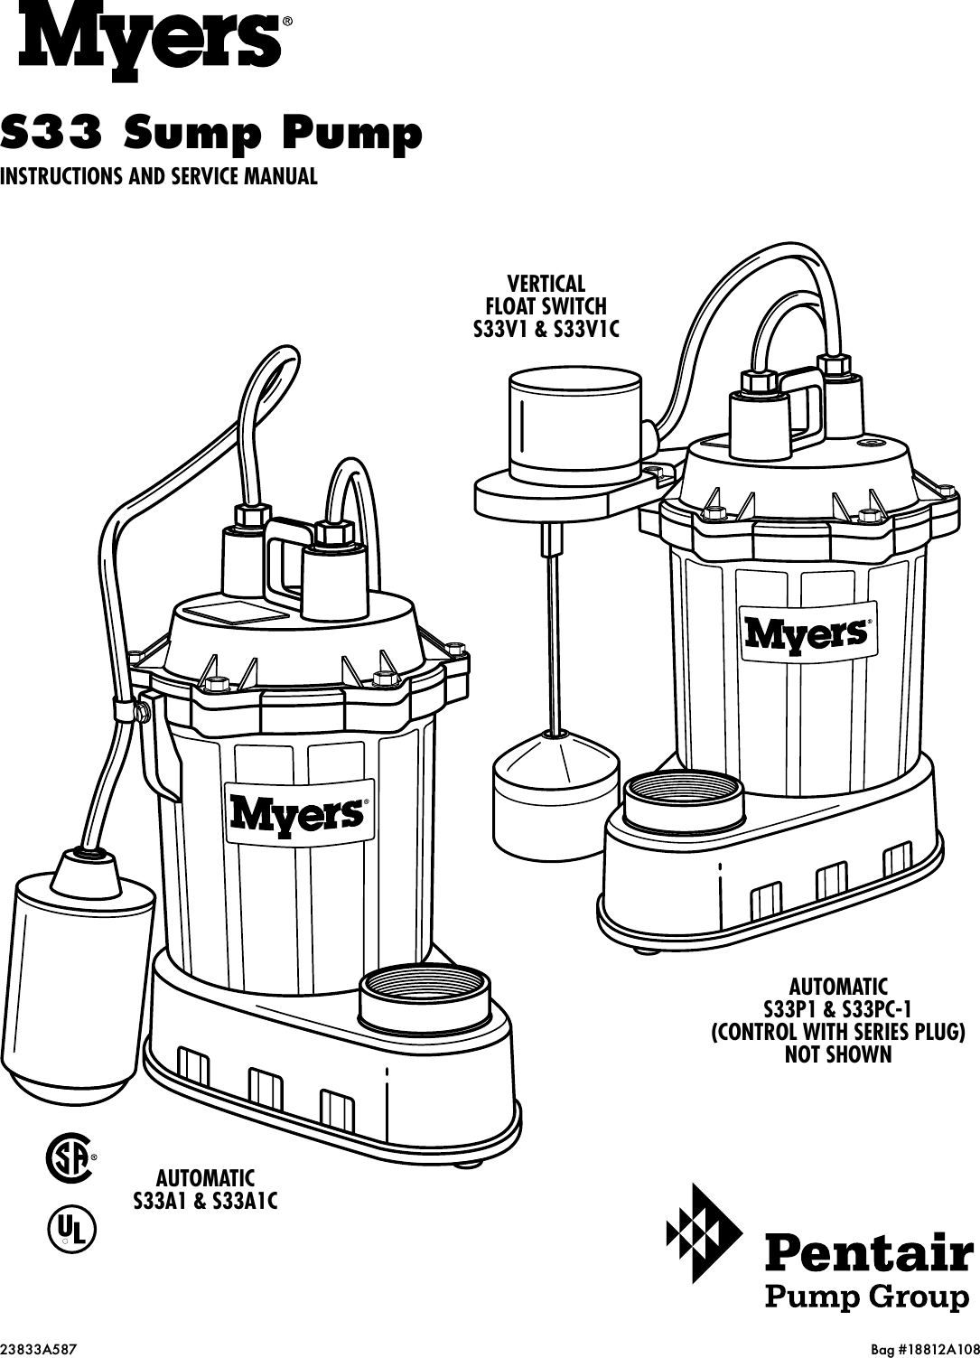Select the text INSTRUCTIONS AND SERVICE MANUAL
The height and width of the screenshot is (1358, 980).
click(159, 175)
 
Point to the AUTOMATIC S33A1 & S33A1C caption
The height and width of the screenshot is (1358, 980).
click(205, 1190)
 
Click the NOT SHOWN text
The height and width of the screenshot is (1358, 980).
click(838, 1054)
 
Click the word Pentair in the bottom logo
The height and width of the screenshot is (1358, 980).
click(869, 1255)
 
